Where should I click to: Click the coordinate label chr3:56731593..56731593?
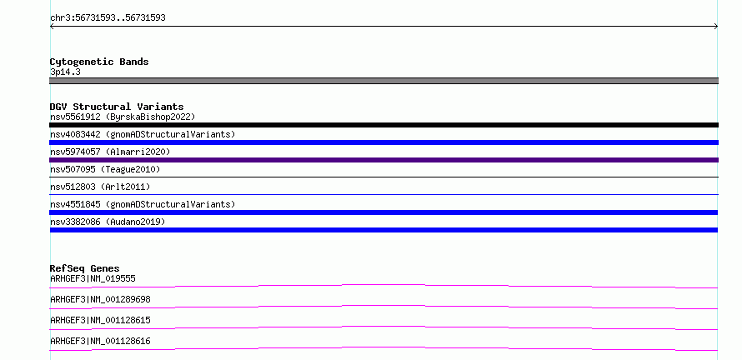click(108, 18)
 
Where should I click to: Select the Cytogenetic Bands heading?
click(99, 62)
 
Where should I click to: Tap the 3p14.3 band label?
click(65, 72)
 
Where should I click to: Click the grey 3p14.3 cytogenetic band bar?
click(384, 81)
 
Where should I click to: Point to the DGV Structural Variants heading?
click(117, 107)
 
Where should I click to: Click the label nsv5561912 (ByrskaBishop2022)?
click(123, 117)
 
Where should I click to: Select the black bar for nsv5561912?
click(384, 125)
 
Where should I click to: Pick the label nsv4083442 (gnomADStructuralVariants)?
click(143, 134)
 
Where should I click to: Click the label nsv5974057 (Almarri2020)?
click(110, 152)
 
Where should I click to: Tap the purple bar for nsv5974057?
click(384, 160)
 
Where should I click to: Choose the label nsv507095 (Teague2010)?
click(105, 169)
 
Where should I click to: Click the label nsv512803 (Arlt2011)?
click(100, 187)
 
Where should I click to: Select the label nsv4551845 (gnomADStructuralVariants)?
click(143, 204)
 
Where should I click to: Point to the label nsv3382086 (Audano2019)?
click(108, 222)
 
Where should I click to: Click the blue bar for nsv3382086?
click(384, 230)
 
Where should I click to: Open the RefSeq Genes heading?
click(85, 268)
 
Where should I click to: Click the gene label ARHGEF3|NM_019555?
click(93, 278)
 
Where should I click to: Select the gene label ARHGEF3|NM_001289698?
click(100, 299)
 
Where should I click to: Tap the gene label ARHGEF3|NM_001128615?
click(100, 320)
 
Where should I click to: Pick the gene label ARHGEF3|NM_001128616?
click(100, 341)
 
